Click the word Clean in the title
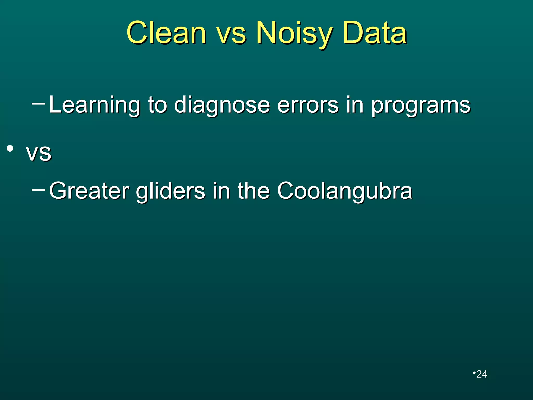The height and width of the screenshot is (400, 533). tap(167, 33)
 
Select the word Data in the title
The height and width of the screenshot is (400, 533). tap(375, 33)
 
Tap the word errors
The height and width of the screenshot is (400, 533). tap(308, 105)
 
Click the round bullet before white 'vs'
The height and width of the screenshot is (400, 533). tap(10, 149)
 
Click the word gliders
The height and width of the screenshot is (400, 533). tap(170, 191)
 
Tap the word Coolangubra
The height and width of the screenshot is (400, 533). tap(345, 191)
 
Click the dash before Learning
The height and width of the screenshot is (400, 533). tap(38, 104)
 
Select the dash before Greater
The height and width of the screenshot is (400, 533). tap(38, 190)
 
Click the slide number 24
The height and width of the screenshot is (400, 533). tap(481, 374)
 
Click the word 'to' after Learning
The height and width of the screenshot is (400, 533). tap(157, 105)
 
